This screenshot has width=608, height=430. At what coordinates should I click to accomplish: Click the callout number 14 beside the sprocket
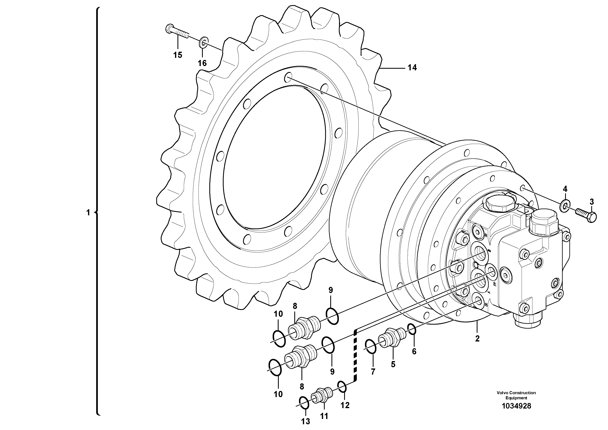(x=412, y=68)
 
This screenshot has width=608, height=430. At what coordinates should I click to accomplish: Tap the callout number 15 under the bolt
(x=178, y=55)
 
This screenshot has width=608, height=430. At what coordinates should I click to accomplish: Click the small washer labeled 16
(x=204, y=42)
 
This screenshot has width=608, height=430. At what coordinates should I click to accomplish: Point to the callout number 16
(x=202, y=63)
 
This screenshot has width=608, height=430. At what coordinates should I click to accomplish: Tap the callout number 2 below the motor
(x=477, y=339)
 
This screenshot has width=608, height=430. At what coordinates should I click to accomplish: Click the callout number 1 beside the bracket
(x=88, y=213)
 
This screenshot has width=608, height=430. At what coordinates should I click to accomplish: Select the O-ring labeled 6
(x=412, y=330)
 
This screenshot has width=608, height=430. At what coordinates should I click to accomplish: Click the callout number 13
(x=305, y=421)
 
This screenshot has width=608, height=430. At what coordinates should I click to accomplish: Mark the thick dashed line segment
(x=355, y=355)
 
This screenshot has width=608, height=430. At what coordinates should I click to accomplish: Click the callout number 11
(x=324, y=416)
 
